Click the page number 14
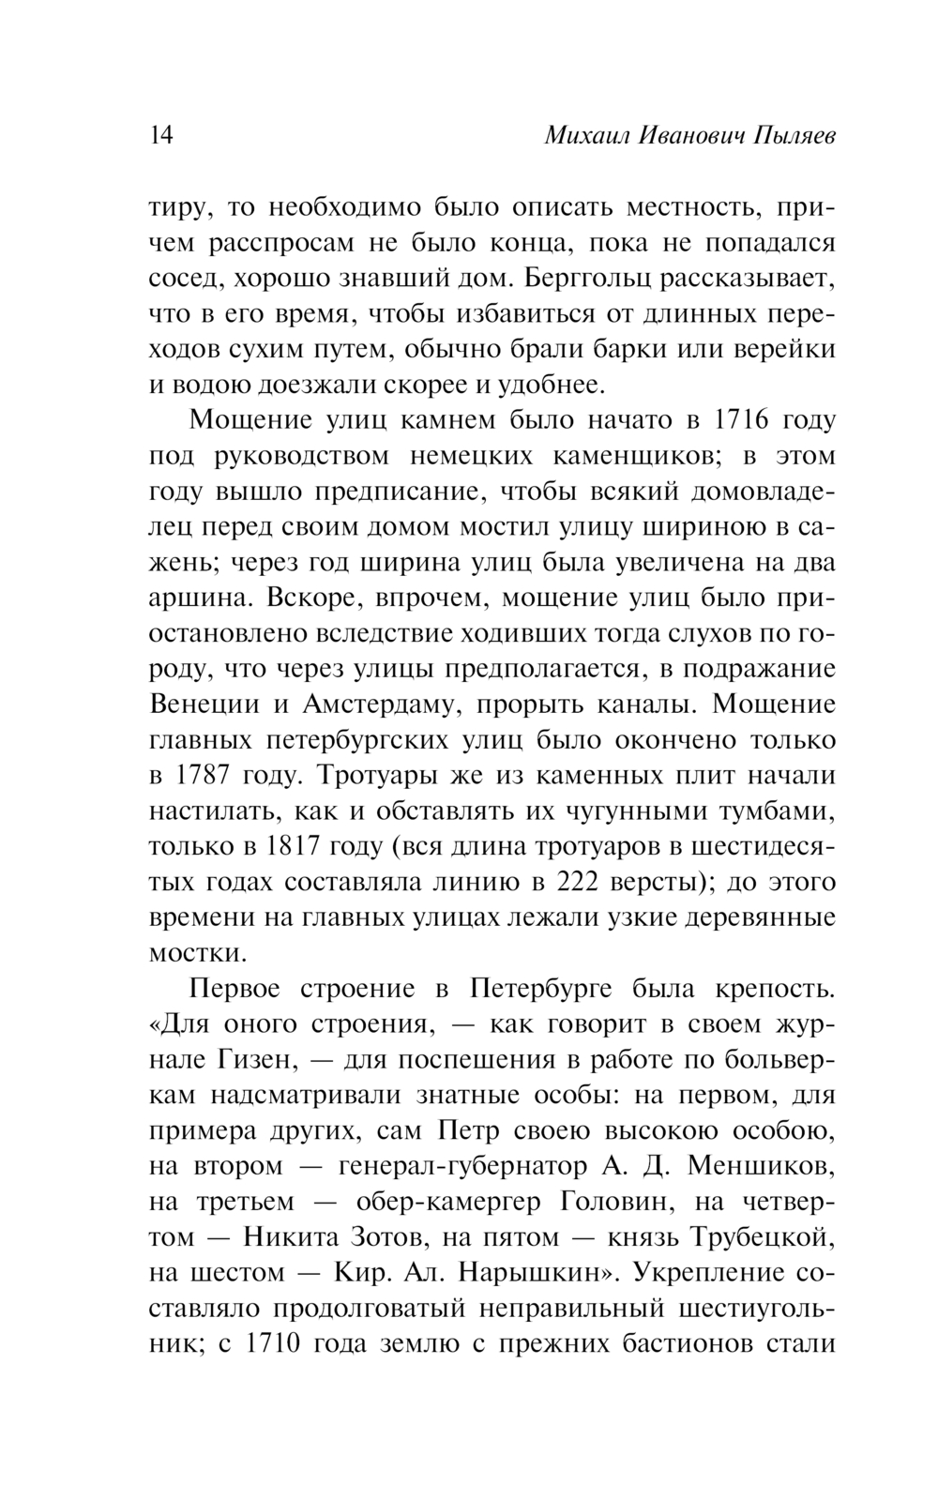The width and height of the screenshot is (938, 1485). click(161, 136)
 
